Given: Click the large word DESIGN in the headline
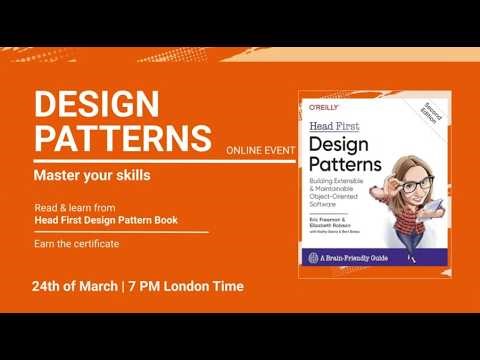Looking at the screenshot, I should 97,104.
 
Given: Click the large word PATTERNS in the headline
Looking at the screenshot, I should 122,138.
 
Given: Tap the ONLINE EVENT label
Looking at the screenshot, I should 260,151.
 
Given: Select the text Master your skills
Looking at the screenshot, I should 92,176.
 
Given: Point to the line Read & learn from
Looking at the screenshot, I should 69,208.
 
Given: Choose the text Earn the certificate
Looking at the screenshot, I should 76,244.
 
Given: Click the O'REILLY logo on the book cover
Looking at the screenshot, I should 323,105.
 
